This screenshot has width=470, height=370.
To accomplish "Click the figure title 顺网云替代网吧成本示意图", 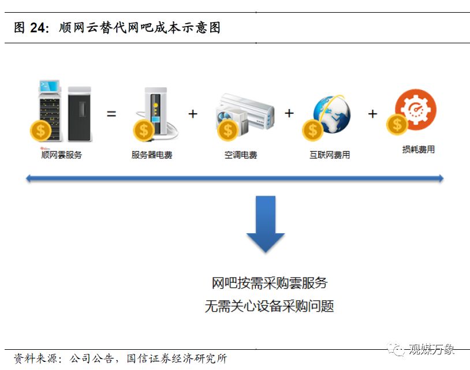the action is [x=140, y=28].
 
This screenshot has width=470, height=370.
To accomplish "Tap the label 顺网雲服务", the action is [x=61, y=154].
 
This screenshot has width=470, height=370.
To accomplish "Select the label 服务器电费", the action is [x=152, y=155].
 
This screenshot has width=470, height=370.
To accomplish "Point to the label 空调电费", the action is [x=241, y=155].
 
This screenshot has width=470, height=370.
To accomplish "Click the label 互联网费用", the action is [x=330, y=155].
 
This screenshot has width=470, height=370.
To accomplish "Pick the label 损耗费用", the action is [x=418, y=150].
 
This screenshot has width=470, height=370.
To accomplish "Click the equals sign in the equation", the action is [x=111, y=114].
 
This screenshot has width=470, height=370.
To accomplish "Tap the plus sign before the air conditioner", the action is [x=193, y=114].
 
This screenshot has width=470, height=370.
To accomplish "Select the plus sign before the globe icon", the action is [x=289, y=113].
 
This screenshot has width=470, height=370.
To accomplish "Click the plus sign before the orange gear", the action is [x=372, y=114].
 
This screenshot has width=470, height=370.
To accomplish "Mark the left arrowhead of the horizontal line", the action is [x=29, y=179].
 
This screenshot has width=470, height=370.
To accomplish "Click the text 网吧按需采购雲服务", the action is [x=269, y=283].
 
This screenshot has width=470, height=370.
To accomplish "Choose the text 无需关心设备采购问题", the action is [x=269, y=306].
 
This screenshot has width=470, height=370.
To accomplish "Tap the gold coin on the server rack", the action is [x=40, y=130].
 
